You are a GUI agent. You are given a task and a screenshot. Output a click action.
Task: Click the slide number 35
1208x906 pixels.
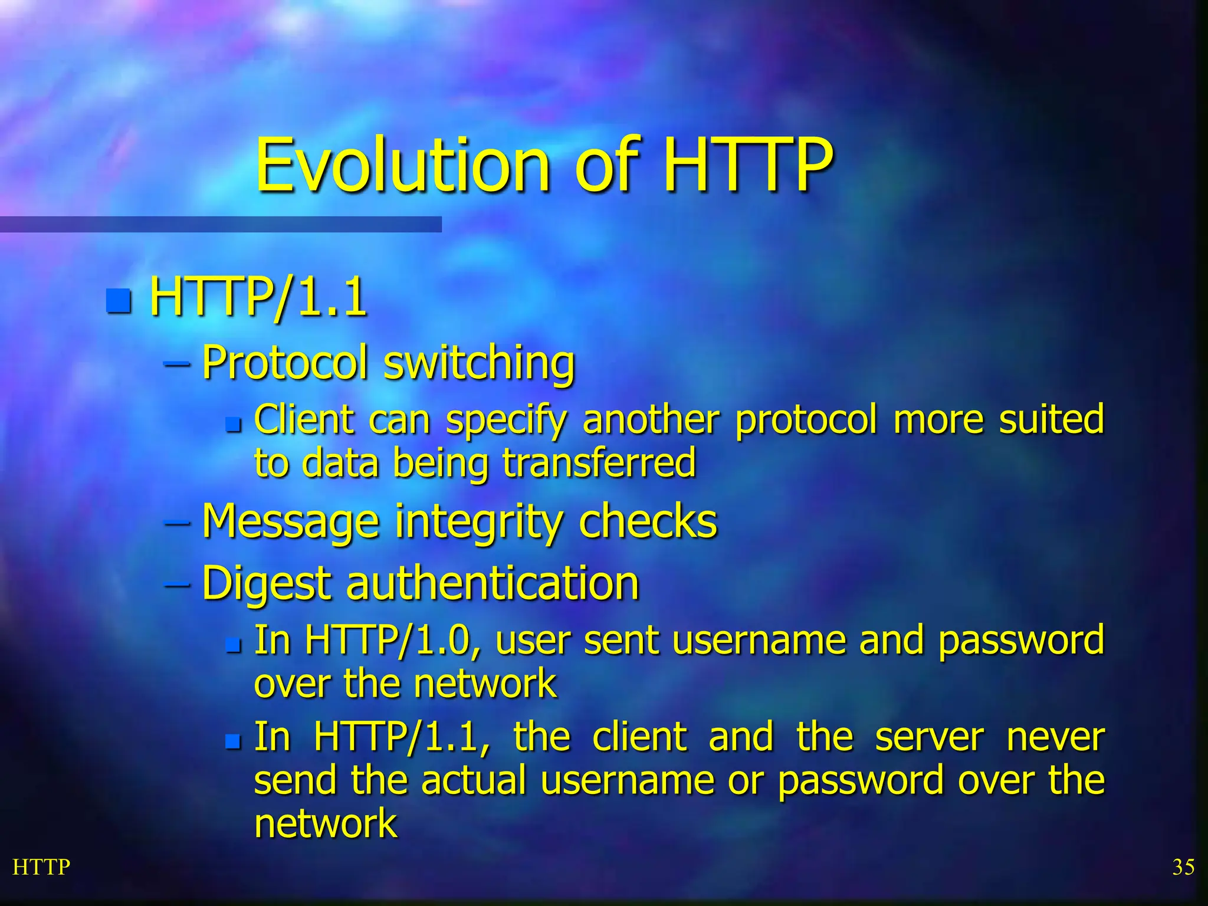tap(1183, 867)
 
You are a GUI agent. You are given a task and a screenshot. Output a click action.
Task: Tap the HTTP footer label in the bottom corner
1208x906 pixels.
tap(41, 867)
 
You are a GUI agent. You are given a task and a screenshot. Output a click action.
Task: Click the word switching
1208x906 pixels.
tap(479, 363)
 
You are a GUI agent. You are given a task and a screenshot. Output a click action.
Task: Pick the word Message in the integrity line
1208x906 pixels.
tap(290, 522)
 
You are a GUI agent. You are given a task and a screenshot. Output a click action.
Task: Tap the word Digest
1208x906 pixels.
tap(267, 584)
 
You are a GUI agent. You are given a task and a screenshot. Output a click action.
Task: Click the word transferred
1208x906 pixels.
tap(599, 462)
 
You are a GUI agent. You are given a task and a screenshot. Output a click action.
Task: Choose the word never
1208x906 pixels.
tap(1055, 737)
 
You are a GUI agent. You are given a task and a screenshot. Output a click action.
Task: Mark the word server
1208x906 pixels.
tap(930, 737)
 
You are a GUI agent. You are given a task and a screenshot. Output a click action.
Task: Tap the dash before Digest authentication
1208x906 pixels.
tap(177, 585)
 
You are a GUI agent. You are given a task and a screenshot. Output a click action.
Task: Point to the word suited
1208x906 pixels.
tap(1051, 419)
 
